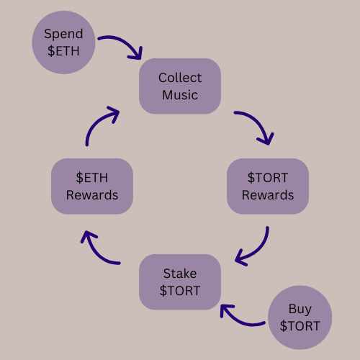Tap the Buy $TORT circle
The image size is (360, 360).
click(x=300, y=318)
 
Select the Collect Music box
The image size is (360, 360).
click(x=180, y=86)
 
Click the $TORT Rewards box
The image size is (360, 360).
click(x=268, y=186)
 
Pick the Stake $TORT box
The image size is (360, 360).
click(x=180, y=282)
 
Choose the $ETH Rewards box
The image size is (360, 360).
click(x=92, y=186)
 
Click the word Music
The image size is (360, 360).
click(x=180, y=95)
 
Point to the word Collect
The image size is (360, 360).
click(x=180, y=78)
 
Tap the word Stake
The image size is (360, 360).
click(x=180, y=274)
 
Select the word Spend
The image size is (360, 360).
click(x=63, y=34)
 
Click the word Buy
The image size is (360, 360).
click(x=300, y=310)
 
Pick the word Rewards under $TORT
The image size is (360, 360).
click(x=268, y=195)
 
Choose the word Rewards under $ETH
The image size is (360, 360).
click(x=92, y=195)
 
